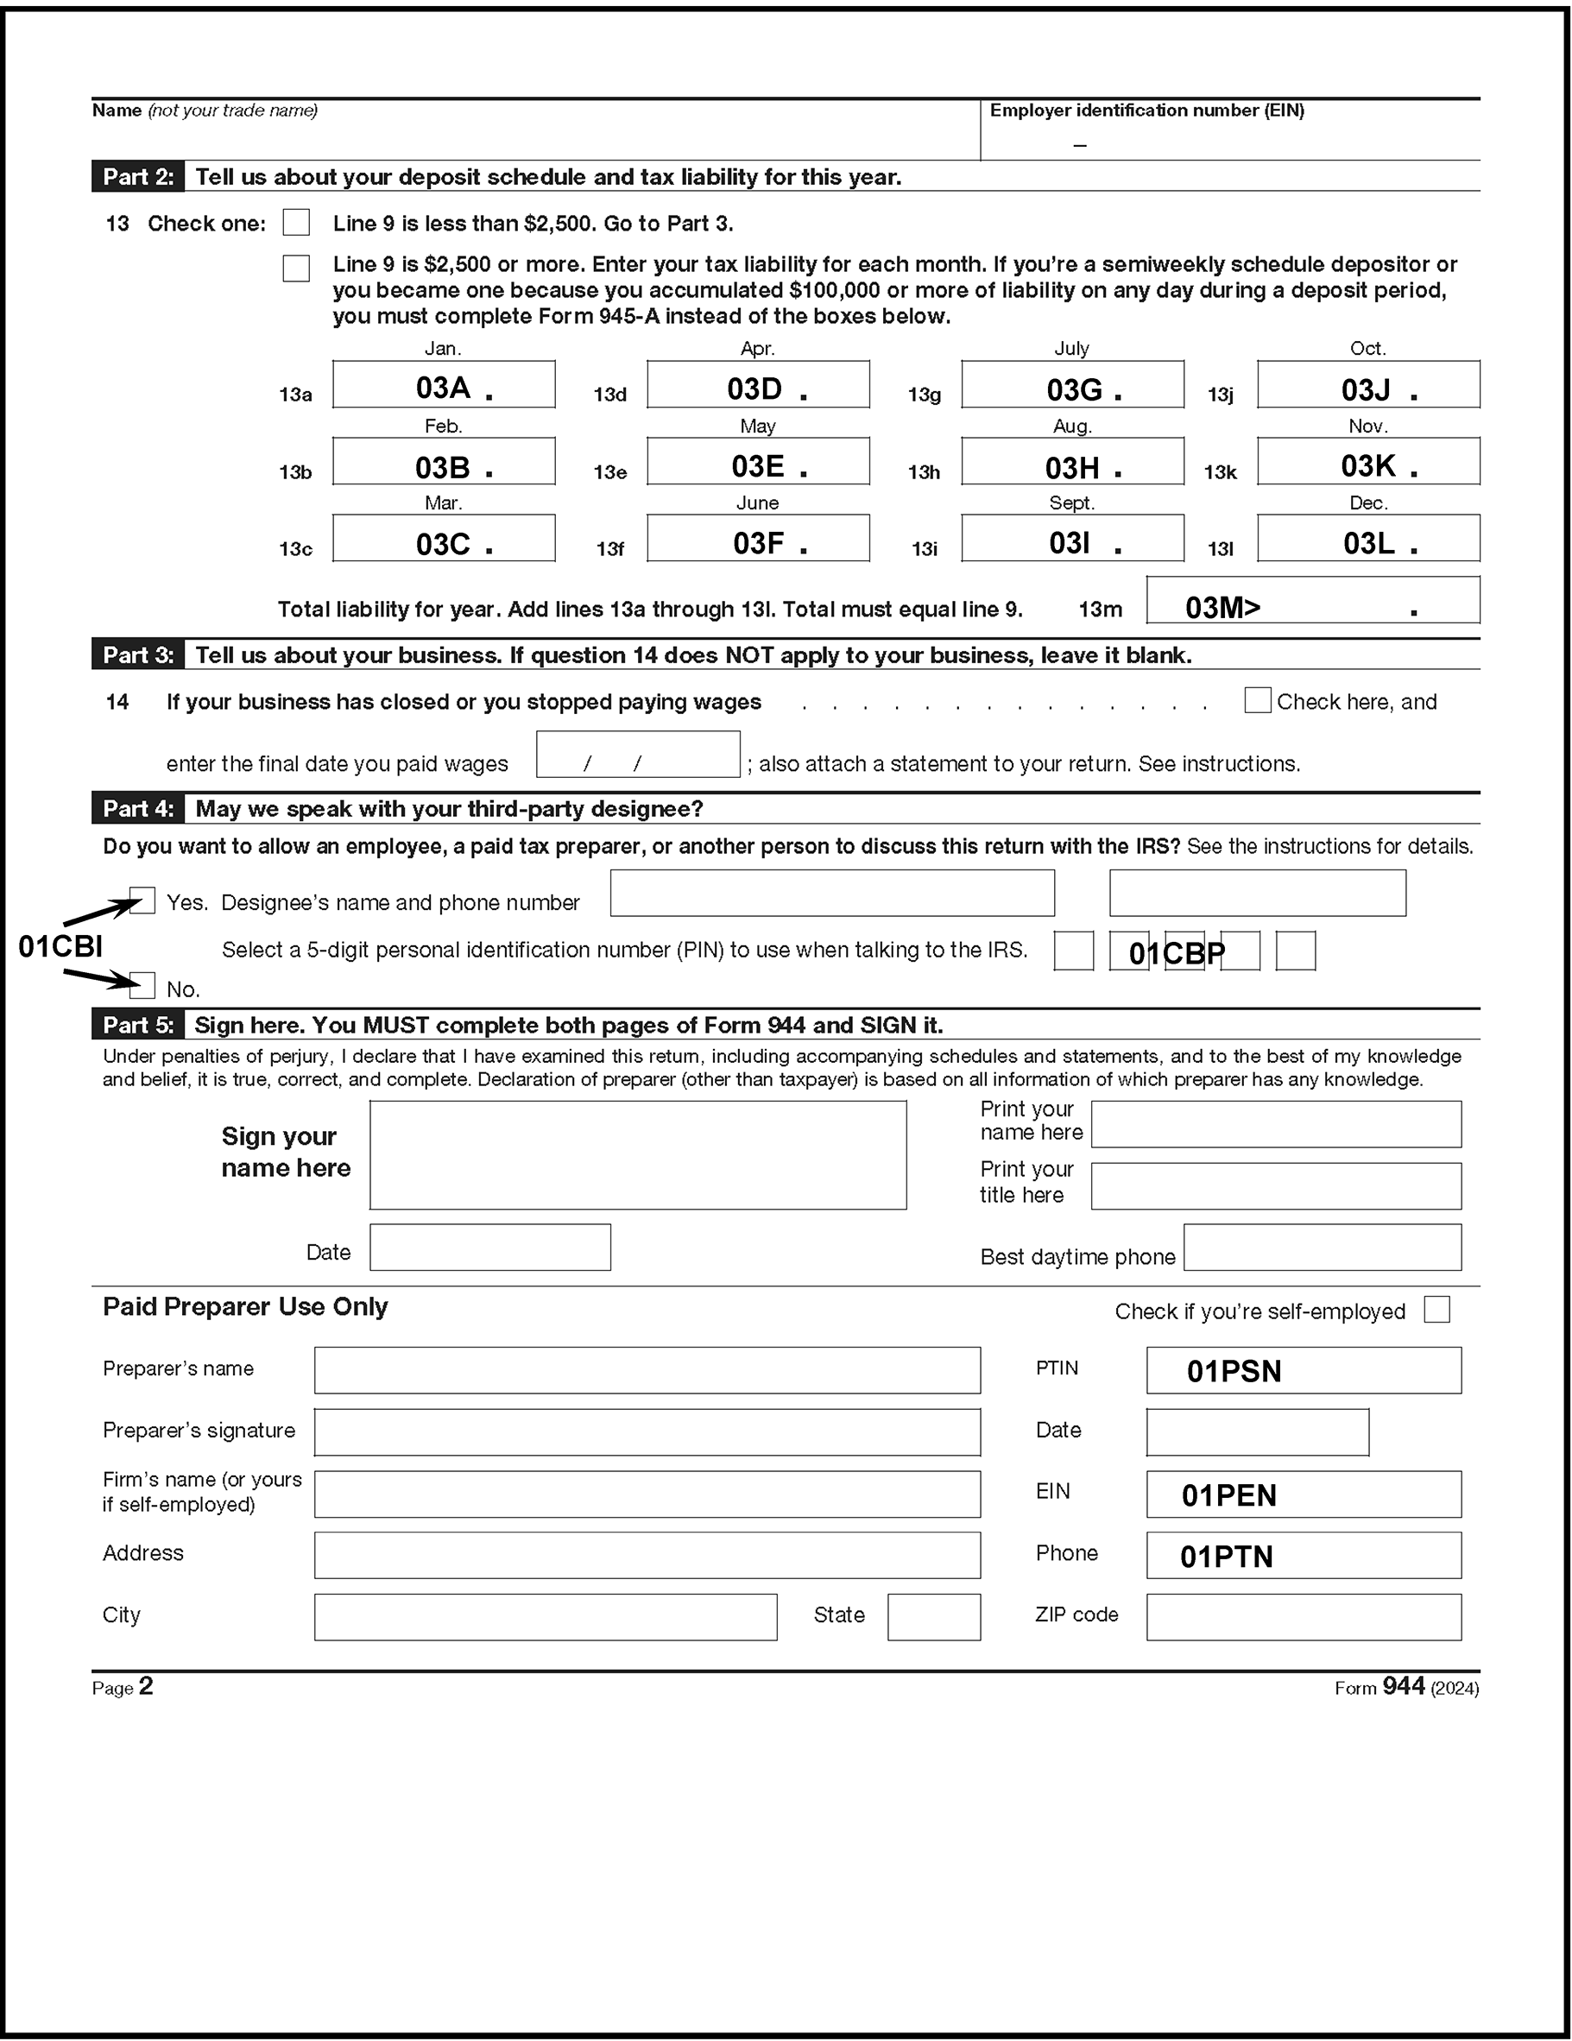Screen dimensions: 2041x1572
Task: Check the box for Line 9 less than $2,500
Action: point(296,223)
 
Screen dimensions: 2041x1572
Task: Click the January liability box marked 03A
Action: point(444,385)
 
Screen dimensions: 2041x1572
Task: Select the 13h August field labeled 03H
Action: point(1072,462)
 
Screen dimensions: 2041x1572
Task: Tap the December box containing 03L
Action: point(1367,538)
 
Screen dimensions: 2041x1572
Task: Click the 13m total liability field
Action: point(1312,601)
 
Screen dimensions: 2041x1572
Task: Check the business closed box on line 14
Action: point(1257,701)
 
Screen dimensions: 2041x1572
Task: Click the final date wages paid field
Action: point(637,755)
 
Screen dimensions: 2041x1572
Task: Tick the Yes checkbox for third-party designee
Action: point(143,900)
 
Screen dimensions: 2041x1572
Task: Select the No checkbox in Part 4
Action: point(143,986)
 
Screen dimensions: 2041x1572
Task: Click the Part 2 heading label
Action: point(138,177)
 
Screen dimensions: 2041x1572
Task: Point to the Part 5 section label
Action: point(138,1025)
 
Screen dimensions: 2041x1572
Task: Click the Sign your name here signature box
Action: point(637,1155)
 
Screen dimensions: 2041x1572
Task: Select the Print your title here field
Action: point(1276,1186)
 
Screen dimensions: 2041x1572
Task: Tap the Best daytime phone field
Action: point(1322,1248)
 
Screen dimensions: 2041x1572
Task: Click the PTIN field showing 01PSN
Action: point(1303,1371)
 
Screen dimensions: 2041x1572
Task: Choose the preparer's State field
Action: point(934,1618)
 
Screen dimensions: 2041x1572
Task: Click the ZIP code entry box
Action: point(1303,1618)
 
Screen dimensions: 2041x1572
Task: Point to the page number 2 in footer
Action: point(146,1687)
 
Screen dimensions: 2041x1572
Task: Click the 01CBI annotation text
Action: point(60,946)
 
